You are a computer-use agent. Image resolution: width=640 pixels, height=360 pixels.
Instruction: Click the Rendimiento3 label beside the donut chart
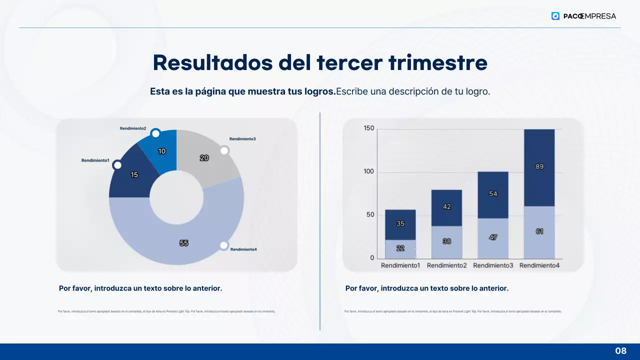click(242, 138)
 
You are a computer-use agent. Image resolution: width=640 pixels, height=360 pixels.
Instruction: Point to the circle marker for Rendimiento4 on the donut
click(224, 245)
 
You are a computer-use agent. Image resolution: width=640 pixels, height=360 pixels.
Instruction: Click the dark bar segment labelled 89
click(539, 167)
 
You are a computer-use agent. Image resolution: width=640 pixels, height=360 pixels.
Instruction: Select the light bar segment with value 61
click(539, 232)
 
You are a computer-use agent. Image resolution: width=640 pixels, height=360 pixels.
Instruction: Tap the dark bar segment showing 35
click(400, 224)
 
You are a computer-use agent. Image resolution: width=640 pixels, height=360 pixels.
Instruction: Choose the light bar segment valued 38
click(447, 242)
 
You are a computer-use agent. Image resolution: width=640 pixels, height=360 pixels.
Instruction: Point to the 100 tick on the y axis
click(369, 172)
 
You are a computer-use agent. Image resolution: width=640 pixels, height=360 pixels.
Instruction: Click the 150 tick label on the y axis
click(369, 128)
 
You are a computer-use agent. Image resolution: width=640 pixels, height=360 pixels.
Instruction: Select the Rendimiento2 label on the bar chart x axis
click(447, 265)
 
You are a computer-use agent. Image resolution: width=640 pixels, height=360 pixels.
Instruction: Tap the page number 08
click(620, 351)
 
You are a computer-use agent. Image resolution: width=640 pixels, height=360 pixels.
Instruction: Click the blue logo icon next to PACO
click(555, 16)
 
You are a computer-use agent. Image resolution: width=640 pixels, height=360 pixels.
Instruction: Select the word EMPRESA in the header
click(599, 16)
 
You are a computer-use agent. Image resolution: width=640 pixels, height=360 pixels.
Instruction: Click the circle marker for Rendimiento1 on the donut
click(117, 165)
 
